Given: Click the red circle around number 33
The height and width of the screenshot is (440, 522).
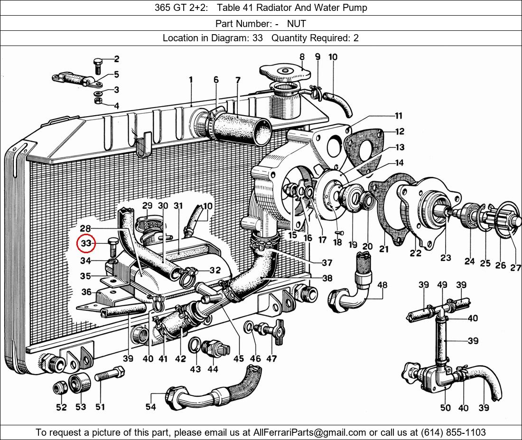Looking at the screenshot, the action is (x=86, y=244).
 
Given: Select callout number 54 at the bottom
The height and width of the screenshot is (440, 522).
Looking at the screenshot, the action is (x=150, y=407).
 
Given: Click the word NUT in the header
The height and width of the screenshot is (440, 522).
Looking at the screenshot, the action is (x=296, y=24).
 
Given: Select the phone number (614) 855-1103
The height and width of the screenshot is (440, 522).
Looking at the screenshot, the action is (x=453, y=432).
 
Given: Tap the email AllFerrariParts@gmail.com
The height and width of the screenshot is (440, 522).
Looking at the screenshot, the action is (x=309, y=432).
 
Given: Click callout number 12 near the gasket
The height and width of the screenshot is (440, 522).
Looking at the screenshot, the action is (x=400, y=131).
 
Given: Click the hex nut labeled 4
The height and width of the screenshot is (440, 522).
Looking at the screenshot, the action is (x=98, y=101).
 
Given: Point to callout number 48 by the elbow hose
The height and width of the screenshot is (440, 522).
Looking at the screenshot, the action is (x=382, y=285).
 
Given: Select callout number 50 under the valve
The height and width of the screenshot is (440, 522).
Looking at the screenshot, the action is (x=446, y=407).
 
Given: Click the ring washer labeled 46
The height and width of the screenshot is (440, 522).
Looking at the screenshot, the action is (x=248, y=327).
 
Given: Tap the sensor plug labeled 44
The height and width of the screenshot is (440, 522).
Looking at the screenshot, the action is (x=216, y=349).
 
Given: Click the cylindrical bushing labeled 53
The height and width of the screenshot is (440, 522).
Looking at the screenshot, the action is (x=79, y=383).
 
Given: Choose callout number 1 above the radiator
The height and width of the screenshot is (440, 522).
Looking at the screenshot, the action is (x=191, y=80).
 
